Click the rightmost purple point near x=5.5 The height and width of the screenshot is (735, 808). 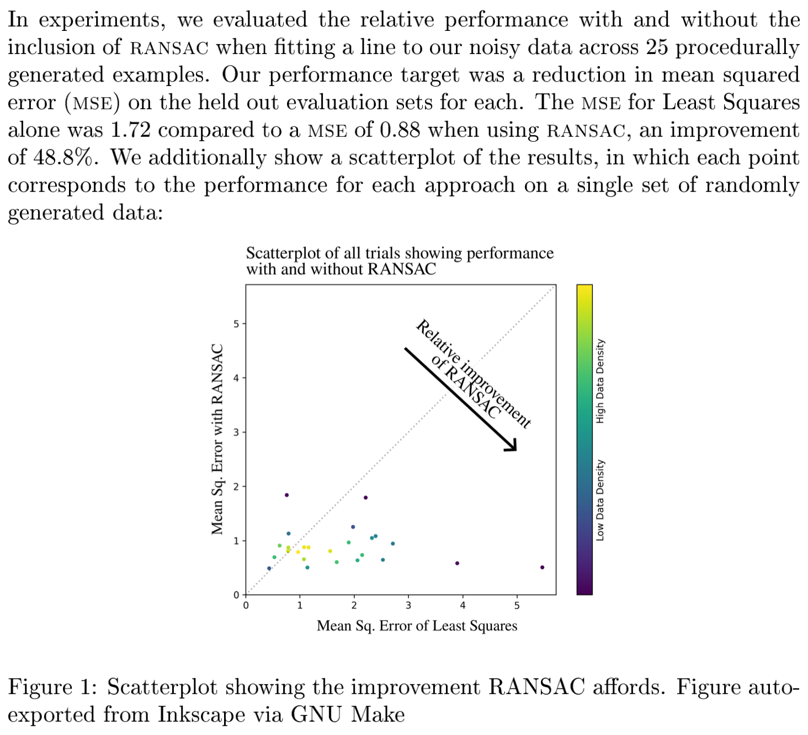pos(542,567)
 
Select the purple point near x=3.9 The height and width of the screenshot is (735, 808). pos(457,563)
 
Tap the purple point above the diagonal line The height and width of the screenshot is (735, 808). pos(286,495)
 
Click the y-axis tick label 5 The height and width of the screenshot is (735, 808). pos(236,324)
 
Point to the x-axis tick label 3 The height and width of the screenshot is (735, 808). pos(408,605)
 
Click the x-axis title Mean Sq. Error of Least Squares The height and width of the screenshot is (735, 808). pos(417,626)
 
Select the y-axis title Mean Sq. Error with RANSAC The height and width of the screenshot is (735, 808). pos(217,439)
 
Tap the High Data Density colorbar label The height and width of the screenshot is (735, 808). pos(600,381)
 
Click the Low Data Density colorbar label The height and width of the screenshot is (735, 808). pos(600,500)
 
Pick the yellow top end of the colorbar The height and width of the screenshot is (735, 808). pos(584,290)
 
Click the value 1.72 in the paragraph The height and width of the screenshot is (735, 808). pos(130,130)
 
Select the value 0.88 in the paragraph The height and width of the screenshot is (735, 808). pos(400,130)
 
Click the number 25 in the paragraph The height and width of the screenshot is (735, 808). pos(657,47)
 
